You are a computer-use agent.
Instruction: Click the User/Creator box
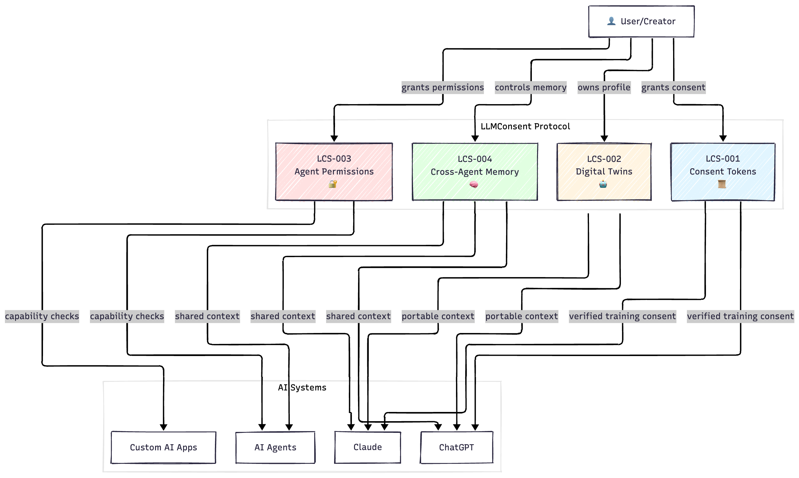641,22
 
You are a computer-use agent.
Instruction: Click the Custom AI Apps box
163,447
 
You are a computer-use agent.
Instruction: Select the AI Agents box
275,447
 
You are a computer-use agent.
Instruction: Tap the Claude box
367,447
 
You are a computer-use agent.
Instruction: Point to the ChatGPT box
456,447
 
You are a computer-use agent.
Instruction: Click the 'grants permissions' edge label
442,87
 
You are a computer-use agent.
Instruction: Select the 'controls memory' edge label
531,87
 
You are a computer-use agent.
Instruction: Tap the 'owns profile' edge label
604,87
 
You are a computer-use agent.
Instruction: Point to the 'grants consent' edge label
673,87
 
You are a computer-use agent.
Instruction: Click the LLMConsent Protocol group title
525,126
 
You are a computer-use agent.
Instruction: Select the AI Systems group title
302,387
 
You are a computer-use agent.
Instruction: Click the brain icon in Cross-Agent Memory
474,184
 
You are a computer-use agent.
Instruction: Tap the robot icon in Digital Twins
603,184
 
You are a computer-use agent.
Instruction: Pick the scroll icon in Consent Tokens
722,184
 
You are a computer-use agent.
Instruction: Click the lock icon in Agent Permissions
333,184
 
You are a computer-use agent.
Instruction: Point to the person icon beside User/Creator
611,21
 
